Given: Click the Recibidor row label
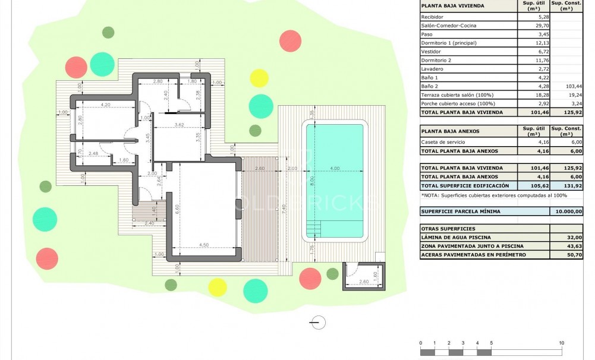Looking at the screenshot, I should [x=433, y=17].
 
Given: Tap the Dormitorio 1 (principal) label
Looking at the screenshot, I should [x=449, y=43].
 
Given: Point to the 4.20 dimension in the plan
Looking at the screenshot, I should [x=106, y=105].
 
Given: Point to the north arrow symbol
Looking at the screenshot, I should [x=318, y=323].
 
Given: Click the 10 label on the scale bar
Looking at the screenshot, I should [x=561, y=343].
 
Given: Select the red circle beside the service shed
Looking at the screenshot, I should [x=310, y=277].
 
